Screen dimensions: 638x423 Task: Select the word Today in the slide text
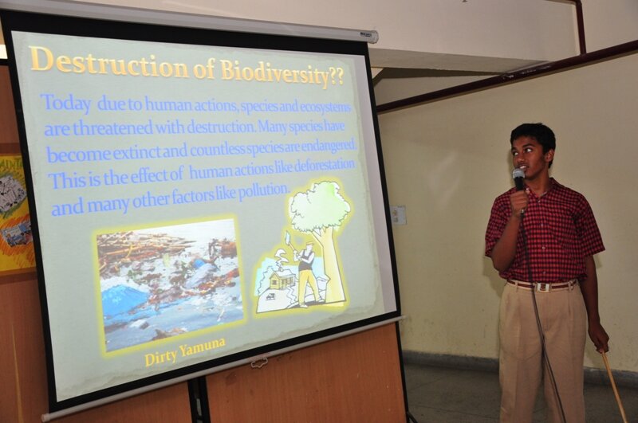pos(67,103)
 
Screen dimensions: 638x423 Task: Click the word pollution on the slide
pos(264,191)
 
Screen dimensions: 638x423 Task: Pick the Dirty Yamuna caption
pos(185,351)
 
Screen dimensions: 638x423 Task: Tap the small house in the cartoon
pos(282,280)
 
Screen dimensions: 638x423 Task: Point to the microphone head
pos(518,175)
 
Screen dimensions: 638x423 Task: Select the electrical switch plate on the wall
pos(399,214)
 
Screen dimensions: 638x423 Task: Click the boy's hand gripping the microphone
pos(519,200)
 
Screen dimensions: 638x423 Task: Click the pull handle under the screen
pos(259,361)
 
